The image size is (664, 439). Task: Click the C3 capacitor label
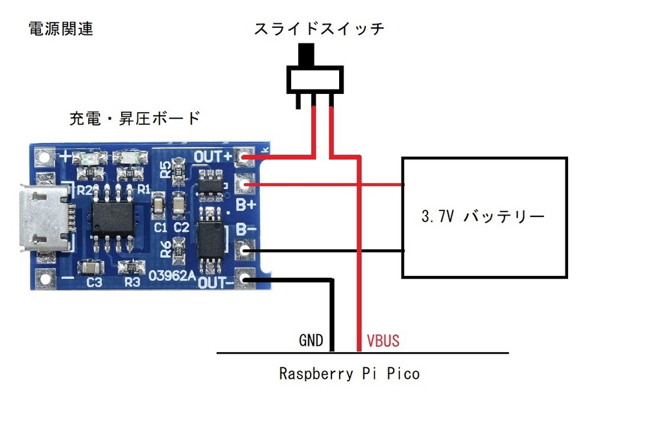94,282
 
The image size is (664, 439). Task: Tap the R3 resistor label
132,282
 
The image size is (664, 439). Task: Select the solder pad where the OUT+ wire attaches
246,157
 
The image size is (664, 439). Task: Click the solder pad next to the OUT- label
246,279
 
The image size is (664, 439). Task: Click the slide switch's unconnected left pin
298,100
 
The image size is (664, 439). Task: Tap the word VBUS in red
383,341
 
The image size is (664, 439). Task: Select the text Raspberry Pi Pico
349,374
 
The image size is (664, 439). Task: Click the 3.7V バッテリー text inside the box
482,217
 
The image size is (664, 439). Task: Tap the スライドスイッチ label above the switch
319,29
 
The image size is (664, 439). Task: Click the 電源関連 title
61,29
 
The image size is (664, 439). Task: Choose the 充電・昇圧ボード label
134,118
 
